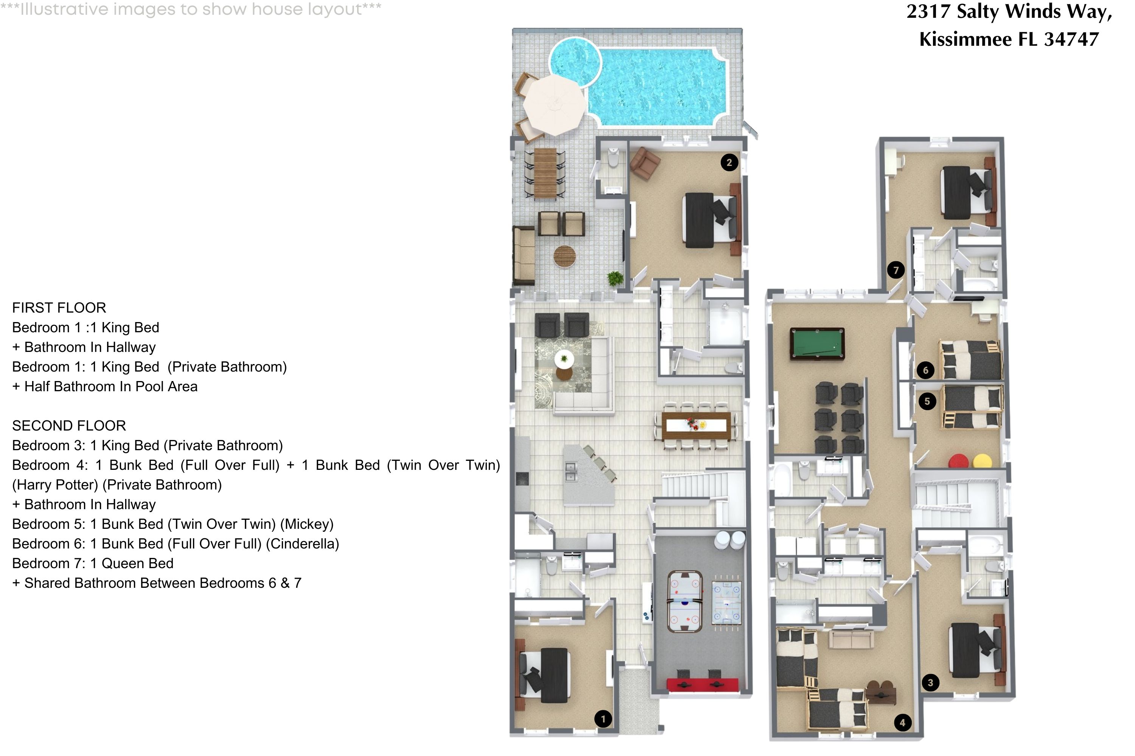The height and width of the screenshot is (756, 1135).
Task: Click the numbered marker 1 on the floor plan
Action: tap(603, 719)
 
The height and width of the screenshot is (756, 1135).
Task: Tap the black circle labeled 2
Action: tap(729, 163)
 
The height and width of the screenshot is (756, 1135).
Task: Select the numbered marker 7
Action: tap(896, 270)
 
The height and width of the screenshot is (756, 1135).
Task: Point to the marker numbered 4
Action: tap(902, 722)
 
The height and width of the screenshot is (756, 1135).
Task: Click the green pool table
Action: tap(817, 343)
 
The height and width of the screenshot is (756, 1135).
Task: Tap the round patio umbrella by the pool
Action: tap(555, 105)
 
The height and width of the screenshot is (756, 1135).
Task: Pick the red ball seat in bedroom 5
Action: tap(958, 461)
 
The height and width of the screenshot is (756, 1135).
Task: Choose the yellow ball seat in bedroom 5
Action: tap(983, 461)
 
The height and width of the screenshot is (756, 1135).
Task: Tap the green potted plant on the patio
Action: tap(615, 278)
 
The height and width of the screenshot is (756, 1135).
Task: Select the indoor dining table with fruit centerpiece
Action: tap(695, 425)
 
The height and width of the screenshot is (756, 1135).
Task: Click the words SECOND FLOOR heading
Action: tap(69, 426)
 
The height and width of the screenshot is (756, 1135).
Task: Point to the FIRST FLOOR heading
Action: tap(59, 308)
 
